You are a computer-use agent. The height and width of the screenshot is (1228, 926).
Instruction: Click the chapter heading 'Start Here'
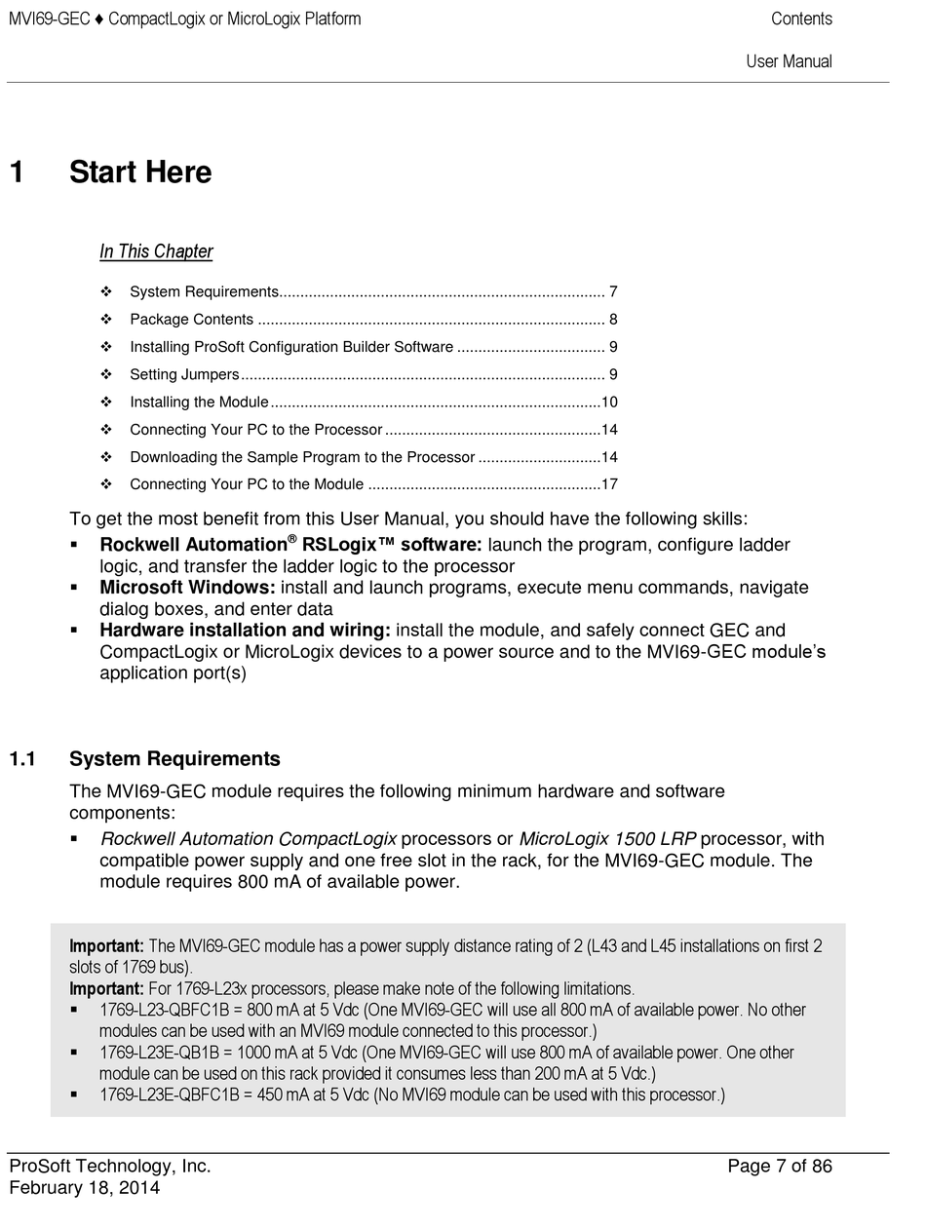140,173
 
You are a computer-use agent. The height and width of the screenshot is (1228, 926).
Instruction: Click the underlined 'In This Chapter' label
156,251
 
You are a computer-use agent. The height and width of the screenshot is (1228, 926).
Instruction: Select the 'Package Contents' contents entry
191,320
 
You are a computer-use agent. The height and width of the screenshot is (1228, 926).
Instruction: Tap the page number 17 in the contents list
609,484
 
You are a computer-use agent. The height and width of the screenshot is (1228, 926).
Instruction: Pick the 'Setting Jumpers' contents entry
184,374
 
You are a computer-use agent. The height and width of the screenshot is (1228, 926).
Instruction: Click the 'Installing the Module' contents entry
199,402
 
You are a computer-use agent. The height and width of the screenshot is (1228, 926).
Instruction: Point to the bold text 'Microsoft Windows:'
189,588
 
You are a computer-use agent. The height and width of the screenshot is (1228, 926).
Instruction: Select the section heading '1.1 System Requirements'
174,759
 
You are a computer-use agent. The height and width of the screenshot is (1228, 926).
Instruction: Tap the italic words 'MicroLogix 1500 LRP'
607,839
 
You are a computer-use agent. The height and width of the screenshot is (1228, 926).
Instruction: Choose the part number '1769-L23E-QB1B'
160,1053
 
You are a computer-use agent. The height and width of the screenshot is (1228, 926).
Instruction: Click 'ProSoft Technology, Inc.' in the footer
110,1167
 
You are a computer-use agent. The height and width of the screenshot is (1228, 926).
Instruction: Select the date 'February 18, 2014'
85,1188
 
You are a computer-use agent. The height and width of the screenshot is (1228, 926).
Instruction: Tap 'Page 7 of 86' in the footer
780,1167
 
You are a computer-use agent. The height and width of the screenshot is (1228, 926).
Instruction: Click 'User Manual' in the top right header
789,61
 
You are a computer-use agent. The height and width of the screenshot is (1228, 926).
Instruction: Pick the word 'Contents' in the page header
801,19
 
